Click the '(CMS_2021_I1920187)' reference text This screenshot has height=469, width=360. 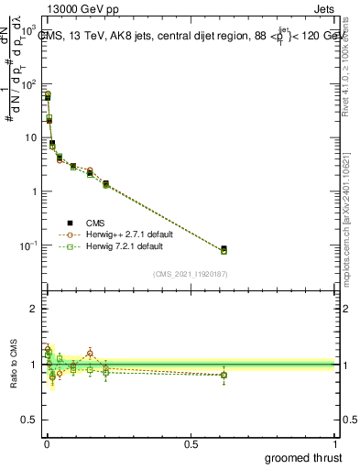click(190, 273)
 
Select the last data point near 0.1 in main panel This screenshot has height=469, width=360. click(224, 249)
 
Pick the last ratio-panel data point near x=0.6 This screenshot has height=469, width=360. click(224, 375)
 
